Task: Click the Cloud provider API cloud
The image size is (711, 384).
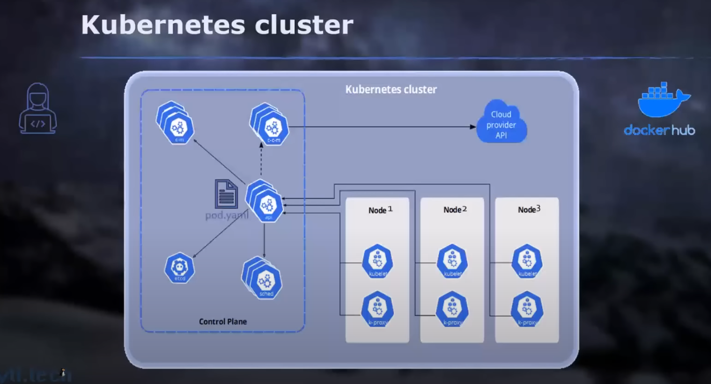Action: (x=501, y=125)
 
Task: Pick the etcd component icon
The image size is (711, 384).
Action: (x=180, y=268)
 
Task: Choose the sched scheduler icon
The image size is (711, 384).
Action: (x=265, y=281)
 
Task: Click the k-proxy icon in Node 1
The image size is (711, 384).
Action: (x=377, y=310)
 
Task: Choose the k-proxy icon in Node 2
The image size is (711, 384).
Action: (x=453, y=310)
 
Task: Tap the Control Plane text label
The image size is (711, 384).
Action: (x=223, y=322)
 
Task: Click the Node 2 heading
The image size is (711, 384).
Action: (x=455, y=209)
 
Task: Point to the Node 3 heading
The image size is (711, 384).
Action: (x=529, y=209)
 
